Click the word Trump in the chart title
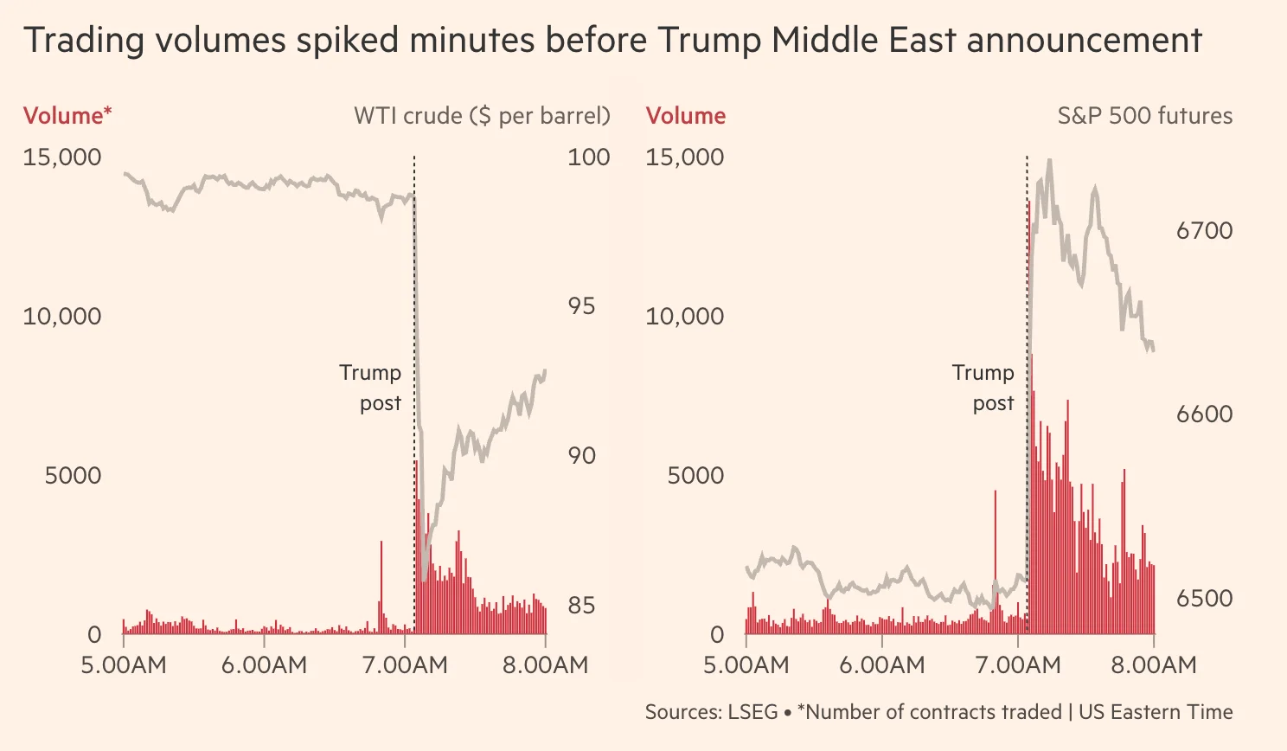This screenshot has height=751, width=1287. (x=709, y=41)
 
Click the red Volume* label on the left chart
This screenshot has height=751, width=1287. (x=67, y=116)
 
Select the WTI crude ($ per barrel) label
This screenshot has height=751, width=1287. (x=482, y=116)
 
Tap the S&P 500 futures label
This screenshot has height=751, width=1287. (x=1144, y=116)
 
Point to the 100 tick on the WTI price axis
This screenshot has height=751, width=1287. (x=588, y=157)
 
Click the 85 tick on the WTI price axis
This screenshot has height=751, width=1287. (x=581, y=606)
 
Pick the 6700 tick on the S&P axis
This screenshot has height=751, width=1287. (x=1204, y=231)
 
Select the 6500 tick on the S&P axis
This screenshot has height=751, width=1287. (x=1204, y=598)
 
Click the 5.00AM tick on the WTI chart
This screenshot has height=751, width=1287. (x=124, y=664)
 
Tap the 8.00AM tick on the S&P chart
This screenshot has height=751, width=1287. (x=1154, y=664)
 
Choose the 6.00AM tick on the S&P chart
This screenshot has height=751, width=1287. (x=881, y=664)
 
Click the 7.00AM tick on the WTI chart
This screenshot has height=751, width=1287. (x=405, y=664)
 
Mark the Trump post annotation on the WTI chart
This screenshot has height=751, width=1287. (x=371, y=388)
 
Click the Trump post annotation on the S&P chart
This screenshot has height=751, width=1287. (x=983, y=388)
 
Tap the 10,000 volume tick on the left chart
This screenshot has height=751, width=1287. (x=62, y=317)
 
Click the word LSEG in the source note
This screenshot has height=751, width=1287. (x=752, y=712)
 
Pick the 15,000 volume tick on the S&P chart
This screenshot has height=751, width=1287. (x=684, y=157)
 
